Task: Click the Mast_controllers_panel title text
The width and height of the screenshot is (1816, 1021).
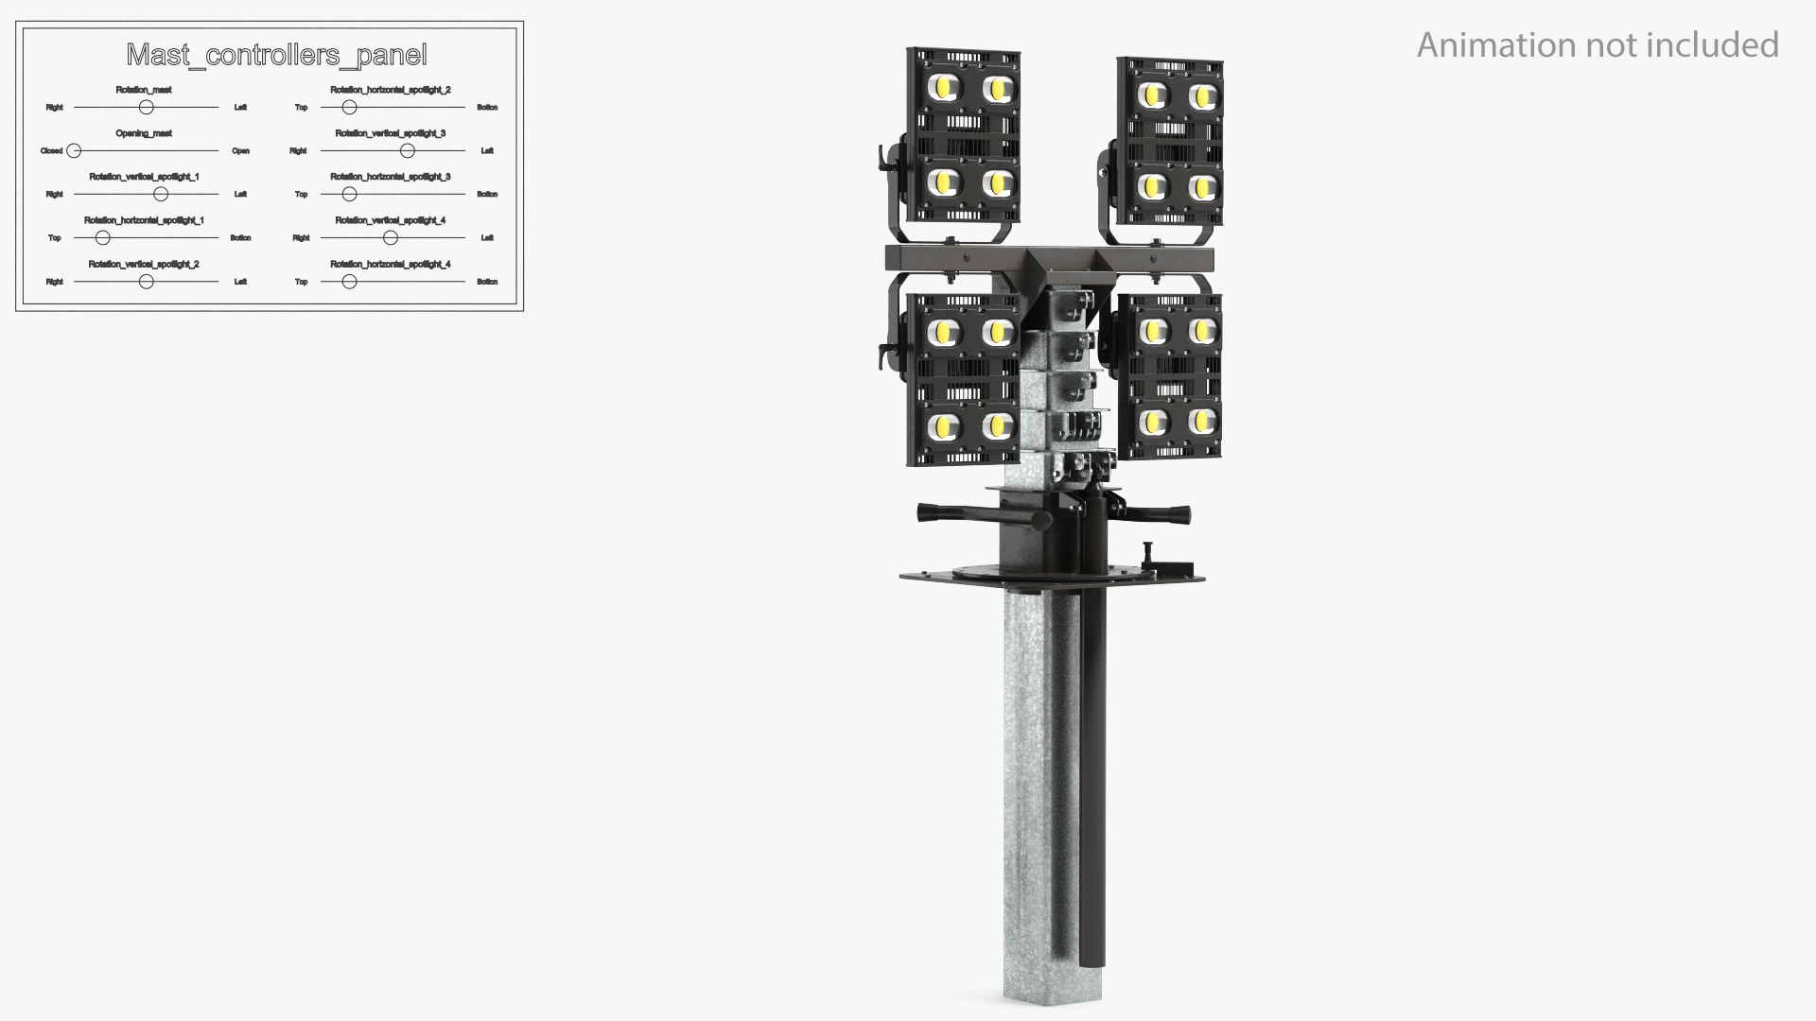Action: click(x=276, y=56)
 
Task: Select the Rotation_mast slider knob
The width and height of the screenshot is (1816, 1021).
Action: click(x=146, y=108)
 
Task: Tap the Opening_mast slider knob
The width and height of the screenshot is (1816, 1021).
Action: click(x=74, y=151)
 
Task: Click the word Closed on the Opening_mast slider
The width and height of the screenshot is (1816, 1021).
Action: click(x=51, y=151)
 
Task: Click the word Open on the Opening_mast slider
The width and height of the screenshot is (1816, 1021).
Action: click(x=240, y=151)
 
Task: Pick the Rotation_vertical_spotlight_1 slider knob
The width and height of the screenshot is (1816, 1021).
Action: click(x=161, y=195)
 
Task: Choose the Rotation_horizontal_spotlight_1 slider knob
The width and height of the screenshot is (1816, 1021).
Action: click(x=102, y=238)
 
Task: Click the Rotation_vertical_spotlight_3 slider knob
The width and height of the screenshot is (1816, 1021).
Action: click(x=407, y=151)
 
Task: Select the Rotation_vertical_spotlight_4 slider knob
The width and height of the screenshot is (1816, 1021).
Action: click(x=390, y=238)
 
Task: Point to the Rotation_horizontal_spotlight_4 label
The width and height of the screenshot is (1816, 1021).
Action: click(x=390, y=265)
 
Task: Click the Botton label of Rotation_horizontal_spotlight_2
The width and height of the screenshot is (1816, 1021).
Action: click(x=487, y=108)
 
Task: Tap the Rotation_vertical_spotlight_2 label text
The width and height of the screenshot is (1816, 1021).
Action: click(x=144, y=265)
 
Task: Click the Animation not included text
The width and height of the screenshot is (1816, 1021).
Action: click(x=1598, y=45)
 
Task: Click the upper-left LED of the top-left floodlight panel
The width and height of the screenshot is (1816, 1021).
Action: click(x=944, y=89)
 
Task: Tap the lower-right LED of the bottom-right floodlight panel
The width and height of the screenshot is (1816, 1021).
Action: click(x=1201, y=421)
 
